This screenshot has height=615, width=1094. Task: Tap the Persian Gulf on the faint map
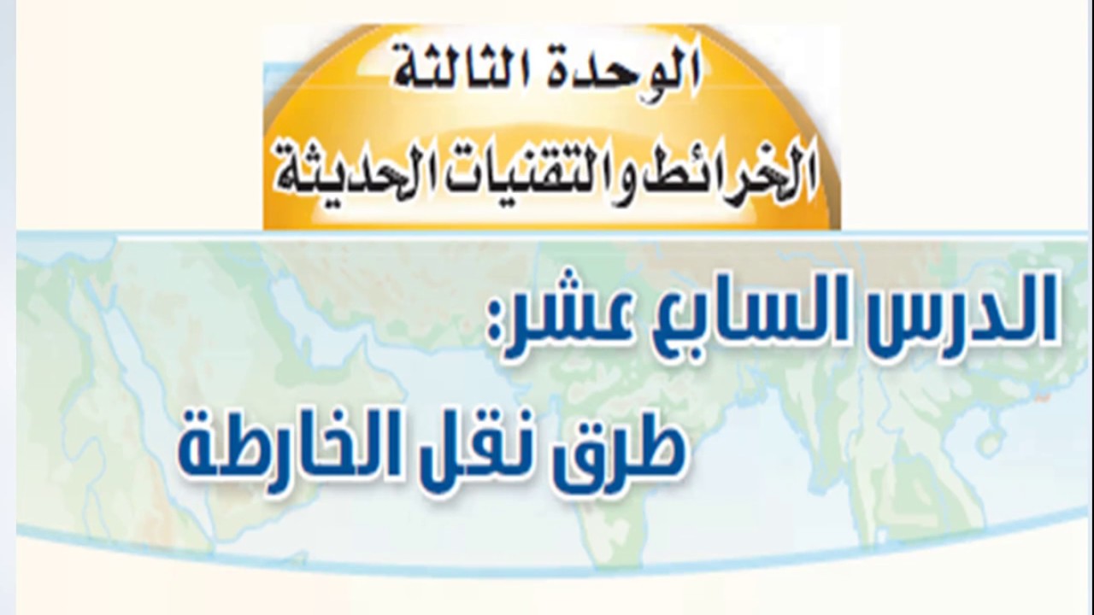[x=298, y=313]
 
